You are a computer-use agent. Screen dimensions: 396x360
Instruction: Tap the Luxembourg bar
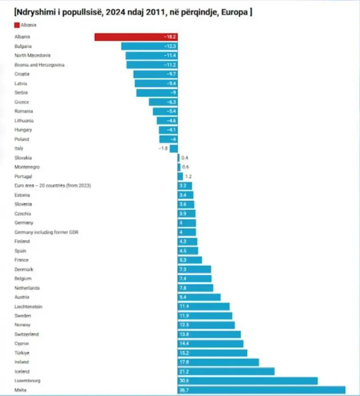pos(248,381)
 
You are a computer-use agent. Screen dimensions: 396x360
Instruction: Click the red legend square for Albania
pos(17,25)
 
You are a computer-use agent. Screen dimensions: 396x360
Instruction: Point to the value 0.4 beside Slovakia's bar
pos(185,158)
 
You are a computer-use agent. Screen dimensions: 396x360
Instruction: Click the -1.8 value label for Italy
pos(163,148)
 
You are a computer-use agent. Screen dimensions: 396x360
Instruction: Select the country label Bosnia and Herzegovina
pos(39,65)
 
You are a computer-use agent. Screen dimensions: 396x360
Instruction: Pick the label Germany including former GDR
pos(46,232)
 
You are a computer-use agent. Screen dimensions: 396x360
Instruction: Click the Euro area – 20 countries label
pos(53,186)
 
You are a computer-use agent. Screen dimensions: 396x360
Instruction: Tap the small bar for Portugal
pos(180,176)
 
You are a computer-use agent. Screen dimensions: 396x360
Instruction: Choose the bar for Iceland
pos(226,372)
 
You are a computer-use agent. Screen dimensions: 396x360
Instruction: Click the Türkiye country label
pos(22,353)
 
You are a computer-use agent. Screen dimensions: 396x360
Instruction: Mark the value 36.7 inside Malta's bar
pos(184,390)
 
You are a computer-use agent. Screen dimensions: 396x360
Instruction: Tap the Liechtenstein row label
pos(28,307)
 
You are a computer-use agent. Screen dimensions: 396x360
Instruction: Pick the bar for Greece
pos(163,102)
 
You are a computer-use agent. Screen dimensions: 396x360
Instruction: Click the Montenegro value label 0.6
pos(185,167)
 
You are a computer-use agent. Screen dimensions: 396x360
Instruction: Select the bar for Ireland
pos(218,362)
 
